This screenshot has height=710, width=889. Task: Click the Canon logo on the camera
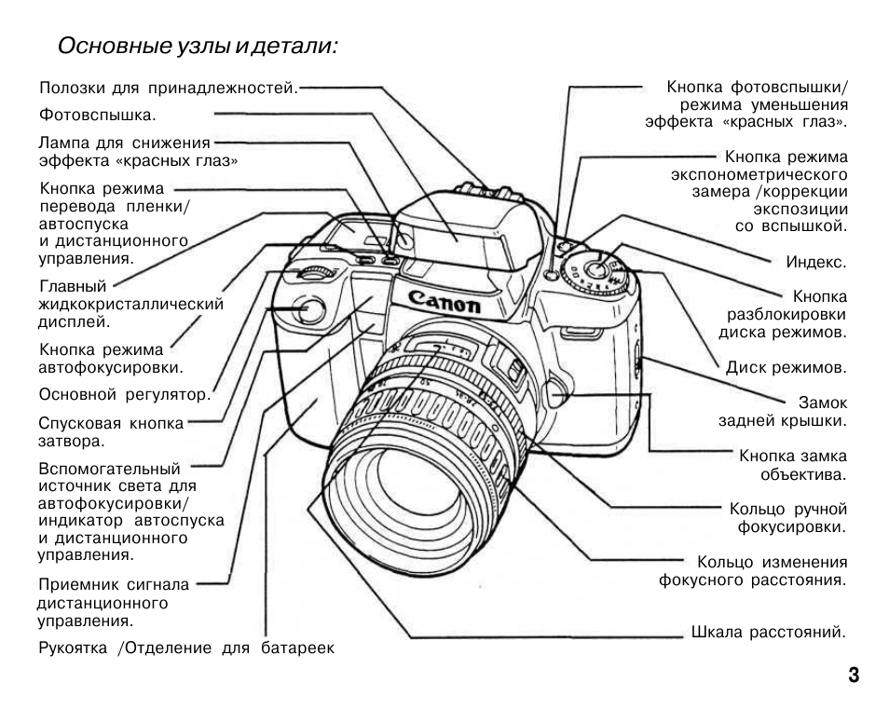444,301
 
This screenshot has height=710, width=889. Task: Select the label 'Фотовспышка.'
97,116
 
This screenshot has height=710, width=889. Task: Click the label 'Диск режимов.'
786,367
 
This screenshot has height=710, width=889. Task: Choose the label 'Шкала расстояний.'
768,632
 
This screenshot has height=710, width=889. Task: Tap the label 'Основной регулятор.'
125,394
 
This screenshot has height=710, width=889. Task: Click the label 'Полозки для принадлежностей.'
169,89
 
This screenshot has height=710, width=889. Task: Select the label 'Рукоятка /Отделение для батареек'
185,648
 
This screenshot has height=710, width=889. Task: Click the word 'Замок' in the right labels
823,403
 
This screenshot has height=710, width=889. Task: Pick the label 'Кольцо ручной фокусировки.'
787,518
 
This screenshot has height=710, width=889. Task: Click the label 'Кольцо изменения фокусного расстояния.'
753,571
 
